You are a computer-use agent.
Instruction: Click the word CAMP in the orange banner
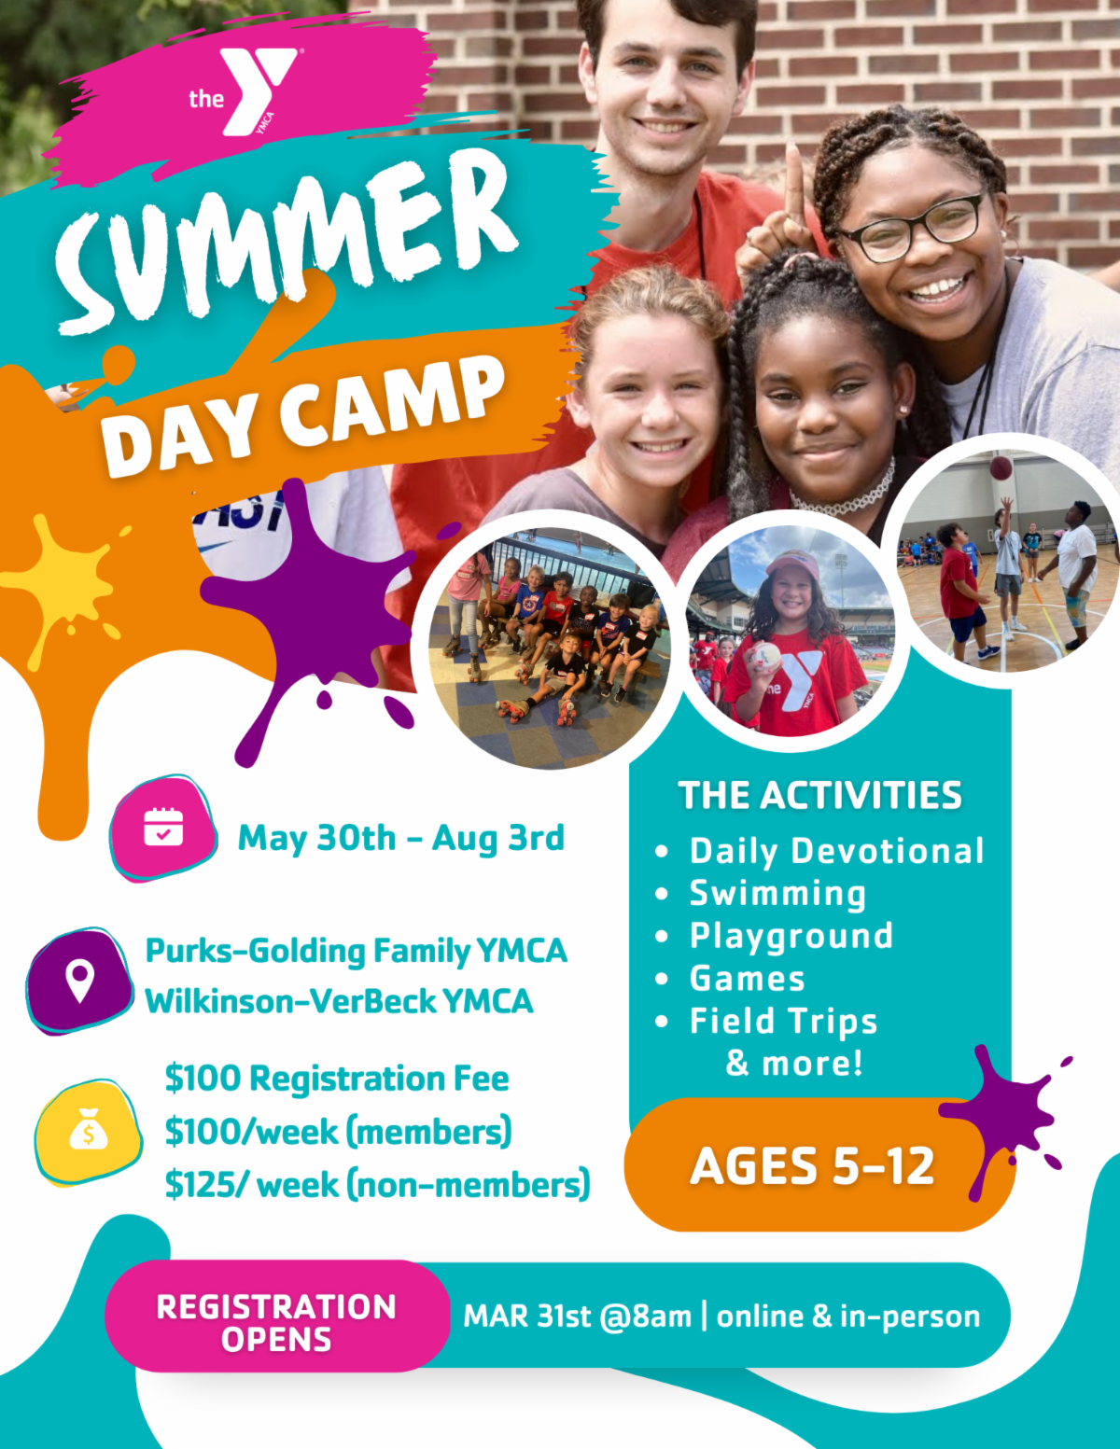click(x=392, y=399)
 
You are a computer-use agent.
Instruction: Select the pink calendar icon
click(x=163, y=828)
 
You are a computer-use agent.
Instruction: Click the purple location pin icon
click(x=80, y=980)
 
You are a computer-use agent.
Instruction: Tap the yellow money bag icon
click(x=89, y=1131)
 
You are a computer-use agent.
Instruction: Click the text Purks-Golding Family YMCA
click(x=356, y=951)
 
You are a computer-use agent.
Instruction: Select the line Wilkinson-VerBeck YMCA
click(x=339, y=1001)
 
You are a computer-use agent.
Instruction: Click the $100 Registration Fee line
click(x=336, y=1079)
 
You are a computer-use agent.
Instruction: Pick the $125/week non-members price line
click(x=377, y=1184)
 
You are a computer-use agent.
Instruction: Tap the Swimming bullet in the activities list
click(x=777, y=893)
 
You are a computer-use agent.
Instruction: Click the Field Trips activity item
click(x=783, y=1021)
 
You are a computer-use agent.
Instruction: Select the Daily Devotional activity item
click(x=836, y=851)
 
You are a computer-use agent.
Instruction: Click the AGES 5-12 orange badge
click(x=812, y=1165)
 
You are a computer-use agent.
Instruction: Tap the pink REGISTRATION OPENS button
click(x=276, y=1321)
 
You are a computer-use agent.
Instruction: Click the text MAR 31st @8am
click(x=578, y=1316)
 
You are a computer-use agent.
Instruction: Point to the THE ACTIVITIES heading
click(x=819, y=796)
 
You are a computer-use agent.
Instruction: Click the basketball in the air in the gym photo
click(x=1001, y=467)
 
